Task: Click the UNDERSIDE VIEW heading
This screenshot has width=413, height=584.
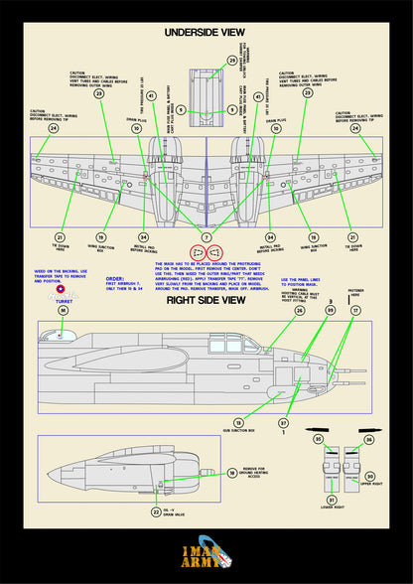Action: coord(206,32)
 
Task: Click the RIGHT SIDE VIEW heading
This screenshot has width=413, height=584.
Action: coord(206,300)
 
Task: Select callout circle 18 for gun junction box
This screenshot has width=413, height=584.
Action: coord(238,421)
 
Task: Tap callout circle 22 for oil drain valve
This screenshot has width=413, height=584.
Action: coord(155,512)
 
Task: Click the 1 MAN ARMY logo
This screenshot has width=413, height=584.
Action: coord(206,554)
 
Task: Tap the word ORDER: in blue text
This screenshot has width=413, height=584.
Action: coord(115,279)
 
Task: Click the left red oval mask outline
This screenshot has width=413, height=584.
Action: coord(197,252)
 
